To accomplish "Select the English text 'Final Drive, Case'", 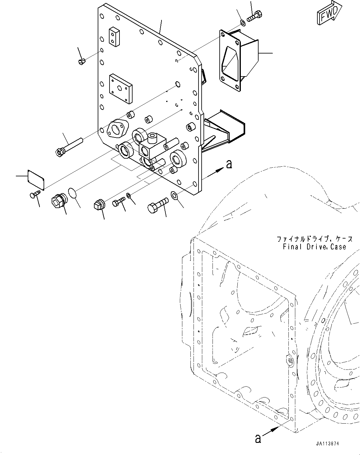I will click(x=314, y=247).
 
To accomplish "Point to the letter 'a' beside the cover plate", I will click(x=229, y=164).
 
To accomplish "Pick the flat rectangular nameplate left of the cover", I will click(x=36, y=179).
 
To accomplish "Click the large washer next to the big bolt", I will click(x=175, y=196).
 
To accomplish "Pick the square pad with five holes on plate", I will click(x=120, y=88).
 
